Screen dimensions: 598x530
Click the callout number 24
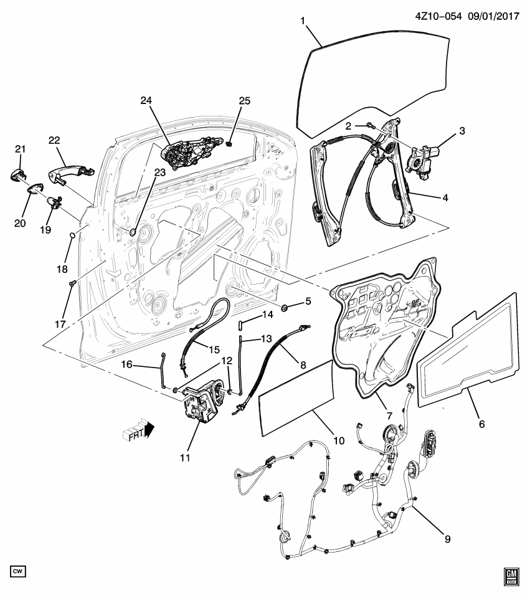pos(146,100)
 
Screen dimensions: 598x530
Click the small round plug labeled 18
pos(72,235)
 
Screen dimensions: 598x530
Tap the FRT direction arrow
pos(142,430)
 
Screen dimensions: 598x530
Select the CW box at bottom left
pos(20,571)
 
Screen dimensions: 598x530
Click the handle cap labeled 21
pos(17,174)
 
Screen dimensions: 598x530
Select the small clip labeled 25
pos(230,145)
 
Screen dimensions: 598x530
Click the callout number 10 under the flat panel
pos(339,440)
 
